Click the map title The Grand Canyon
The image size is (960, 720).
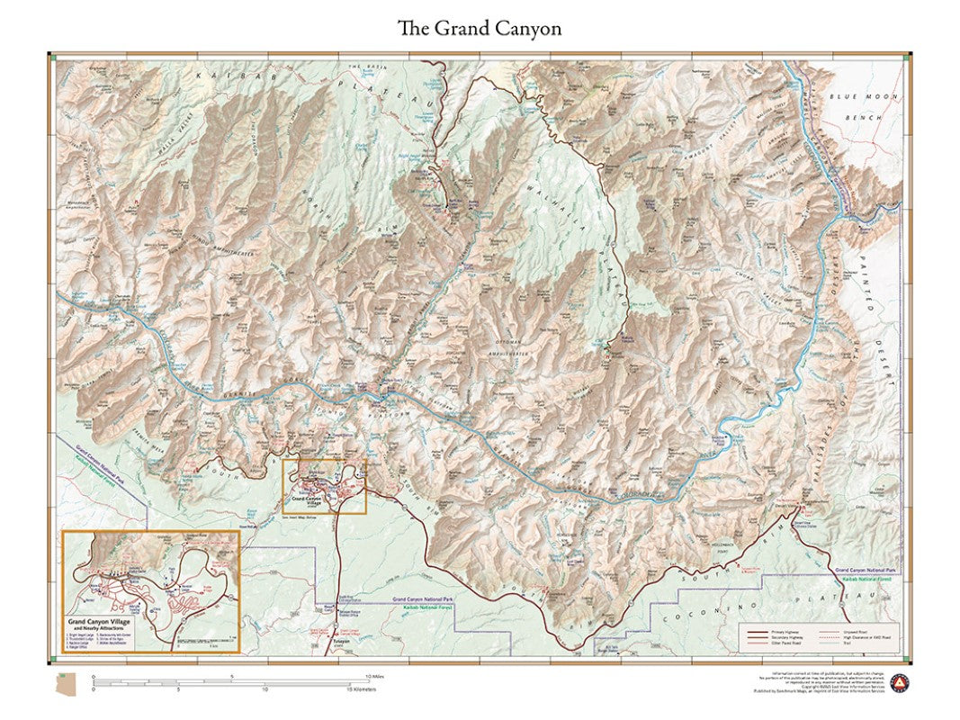click(x=480, y=28)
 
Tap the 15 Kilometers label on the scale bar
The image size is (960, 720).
click(x=360, y=689)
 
